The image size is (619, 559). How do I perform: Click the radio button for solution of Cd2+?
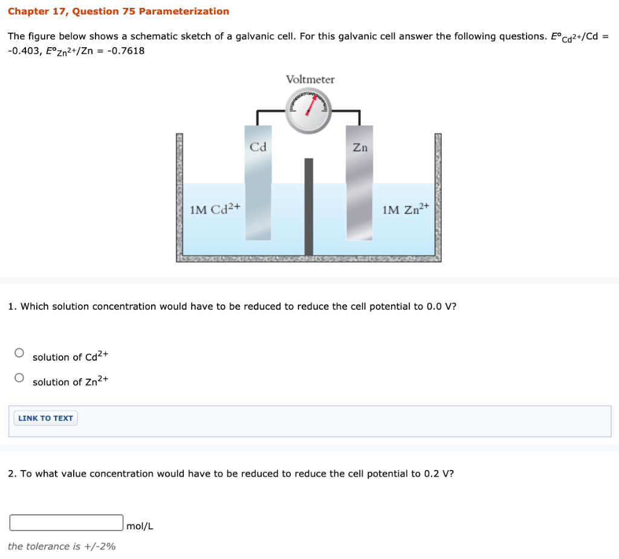pos(19,353)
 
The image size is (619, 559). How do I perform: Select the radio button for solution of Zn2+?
pos(19,378)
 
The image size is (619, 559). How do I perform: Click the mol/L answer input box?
pos(66,522)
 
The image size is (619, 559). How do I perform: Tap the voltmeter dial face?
pos(309,111)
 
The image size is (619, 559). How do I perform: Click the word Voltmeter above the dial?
pos(310,79)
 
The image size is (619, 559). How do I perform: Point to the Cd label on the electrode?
pos(258,147)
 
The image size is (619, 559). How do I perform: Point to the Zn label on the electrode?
pos(360,147)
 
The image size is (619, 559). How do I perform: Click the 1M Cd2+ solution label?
pos(215,209)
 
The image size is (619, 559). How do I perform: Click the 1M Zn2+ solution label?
pos(406,209)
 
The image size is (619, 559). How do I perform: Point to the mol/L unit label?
pos(140,526)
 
